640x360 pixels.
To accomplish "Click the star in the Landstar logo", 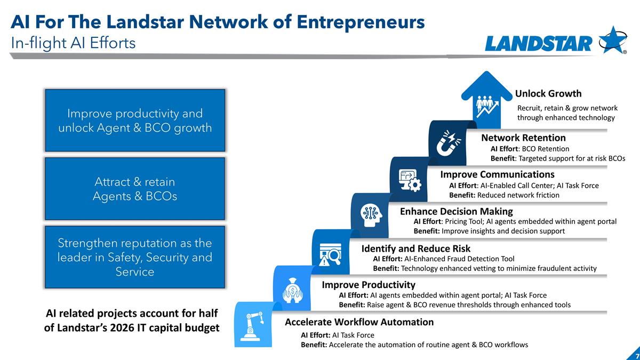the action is point(613,39).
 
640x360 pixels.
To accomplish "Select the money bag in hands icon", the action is point(292,290).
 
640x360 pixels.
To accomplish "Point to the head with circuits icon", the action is point(371,215).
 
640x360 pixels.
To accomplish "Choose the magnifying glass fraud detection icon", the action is point(331,254).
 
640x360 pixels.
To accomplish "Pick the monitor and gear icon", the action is point(410,180).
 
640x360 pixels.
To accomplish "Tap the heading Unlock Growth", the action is point(548,93).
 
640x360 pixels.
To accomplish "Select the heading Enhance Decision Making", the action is point(457,211).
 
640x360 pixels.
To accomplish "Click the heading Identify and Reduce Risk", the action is point(415,249).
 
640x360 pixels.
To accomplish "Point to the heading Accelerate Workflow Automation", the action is point(359,322).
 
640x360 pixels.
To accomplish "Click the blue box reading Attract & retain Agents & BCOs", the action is point(135,189).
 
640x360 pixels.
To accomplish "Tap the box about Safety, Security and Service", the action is point(135,257).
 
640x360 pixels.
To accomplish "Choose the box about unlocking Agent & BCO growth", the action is point(135,121).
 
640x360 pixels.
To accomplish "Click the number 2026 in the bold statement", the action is point(122,327).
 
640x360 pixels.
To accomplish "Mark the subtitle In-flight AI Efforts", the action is point(73,43).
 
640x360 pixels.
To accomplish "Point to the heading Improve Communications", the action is point(497,174).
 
